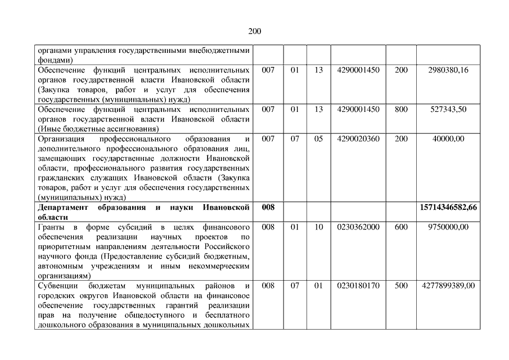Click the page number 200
[254, 31]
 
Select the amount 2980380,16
[448, 70]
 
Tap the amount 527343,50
[448, 110]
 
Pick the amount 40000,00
[448, 139]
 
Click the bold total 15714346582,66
[448, 208]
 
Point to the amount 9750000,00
[448, 227]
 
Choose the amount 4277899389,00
[448, 286]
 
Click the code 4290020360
[358, 139]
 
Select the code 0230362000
[358, 227]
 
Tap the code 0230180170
[358, 286]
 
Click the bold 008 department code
[268, 208]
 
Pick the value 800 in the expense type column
[401, 110]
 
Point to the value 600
[401, 227]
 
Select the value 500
[401, 286]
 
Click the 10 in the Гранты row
[318, 227]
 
